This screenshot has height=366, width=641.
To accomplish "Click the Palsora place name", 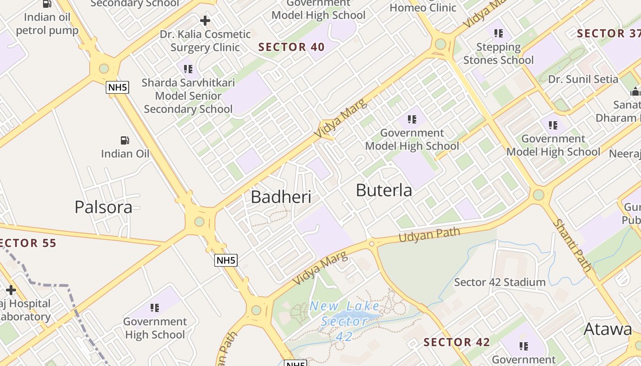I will tap(103, 207).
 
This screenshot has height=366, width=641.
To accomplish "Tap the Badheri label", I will tap(281, 197).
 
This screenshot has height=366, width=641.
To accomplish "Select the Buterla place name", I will tap(384, 190).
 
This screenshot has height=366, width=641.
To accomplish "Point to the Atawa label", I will tap(608, 329).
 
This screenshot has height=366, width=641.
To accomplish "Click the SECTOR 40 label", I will tap(292, 47).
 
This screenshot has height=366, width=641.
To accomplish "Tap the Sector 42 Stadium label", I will tap(500, 282).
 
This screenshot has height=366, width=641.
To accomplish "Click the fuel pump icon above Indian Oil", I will tap(125, 140).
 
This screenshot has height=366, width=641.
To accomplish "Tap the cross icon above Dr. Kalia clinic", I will tap(205, 21).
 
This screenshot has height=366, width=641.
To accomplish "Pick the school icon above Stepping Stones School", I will tap(499, 33).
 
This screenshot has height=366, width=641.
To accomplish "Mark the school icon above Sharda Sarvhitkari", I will tap(188, 69).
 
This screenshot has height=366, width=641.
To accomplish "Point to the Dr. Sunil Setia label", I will tap(583, 79).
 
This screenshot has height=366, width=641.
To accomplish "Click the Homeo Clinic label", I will tap(423, 8).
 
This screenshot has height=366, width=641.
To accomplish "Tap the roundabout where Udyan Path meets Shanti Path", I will tap(538, 194).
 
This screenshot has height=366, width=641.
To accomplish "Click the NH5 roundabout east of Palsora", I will tap(199, 222).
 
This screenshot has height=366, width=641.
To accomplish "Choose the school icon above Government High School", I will tap(155, 308).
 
